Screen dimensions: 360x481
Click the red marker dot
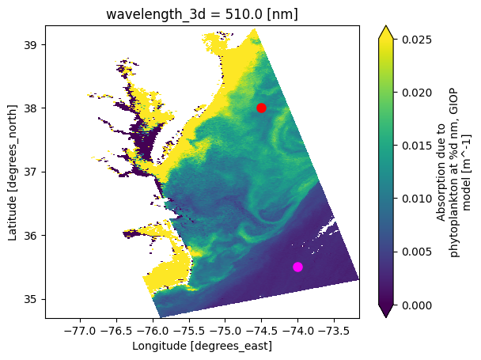pyautogui.click(x=261, y=108)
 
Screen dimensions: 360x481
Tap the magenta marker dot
pyautogui.click(x=297, y=267)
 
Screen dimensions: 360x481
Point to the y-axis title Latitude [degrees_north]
pyautogui.click(x=13, y=171)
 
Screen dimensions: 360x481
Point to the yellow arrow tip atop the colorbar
pyautogui.click(x=385, y=30)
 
